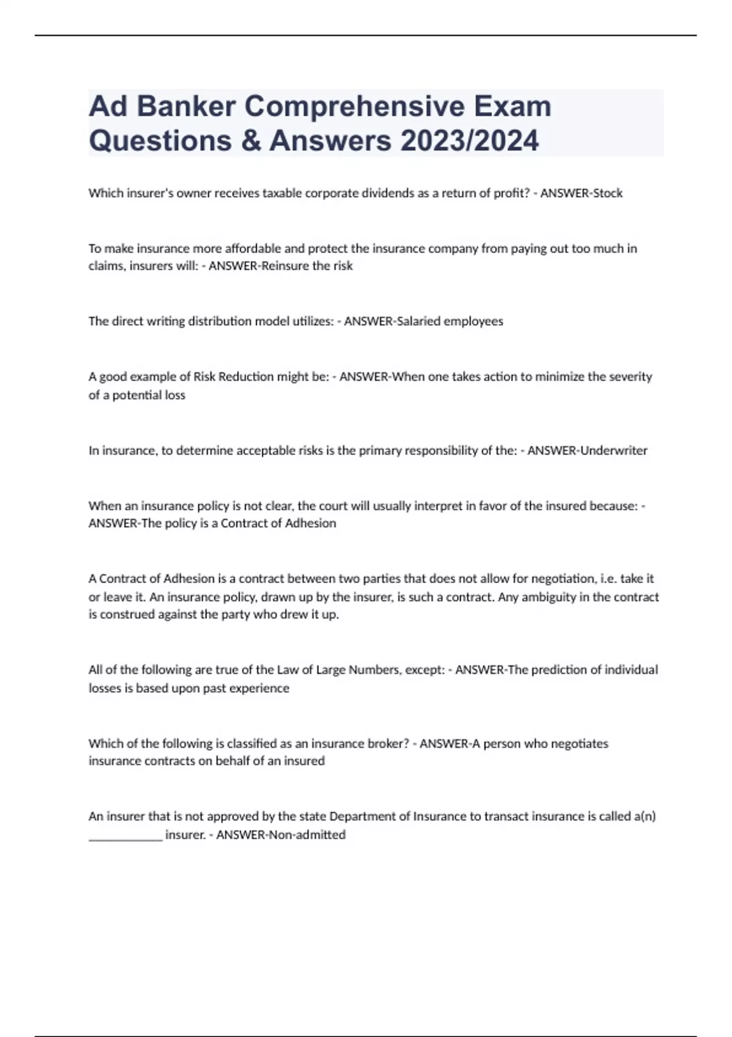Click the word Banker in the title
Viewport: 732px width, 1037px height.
(x=185, y=107)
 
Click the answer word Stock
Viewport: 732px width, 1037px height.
(x=608, y=193)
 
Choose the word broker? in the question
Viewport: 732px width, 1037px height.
(x=384, y=744)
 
